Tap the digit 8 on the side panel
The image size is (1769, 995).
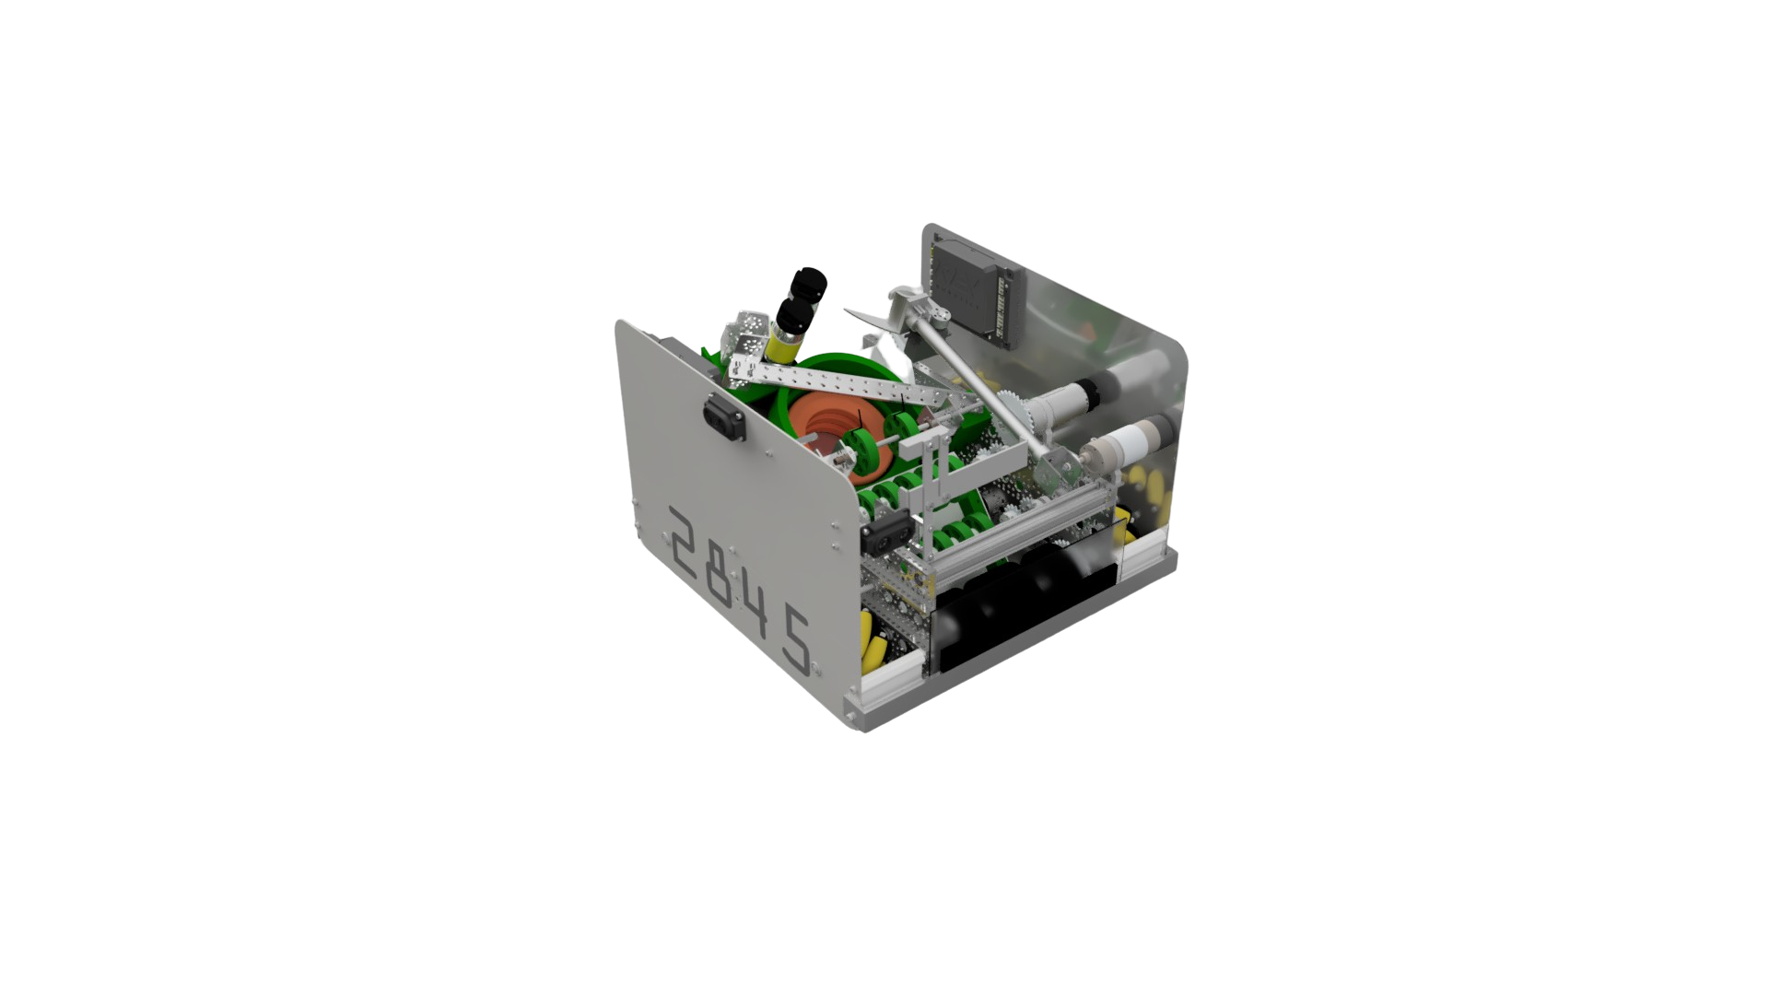[x=730, y=575]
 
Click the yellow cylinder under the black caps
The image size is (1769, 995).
[x=783, y=346]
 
